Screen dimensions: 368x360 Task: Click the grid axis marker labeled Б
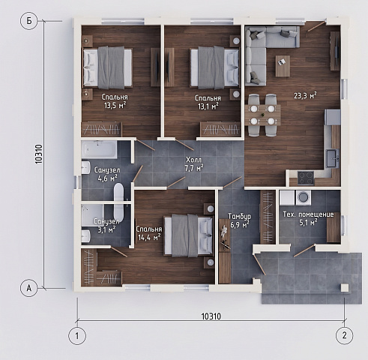tap(29, 21)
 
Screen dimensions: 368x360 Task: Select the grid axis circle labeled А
tap(29, 288)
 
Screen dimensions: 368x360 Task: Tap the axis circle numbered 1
tap(77, 335)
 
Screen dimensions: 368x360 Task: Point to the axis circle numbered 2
tap(345, 335)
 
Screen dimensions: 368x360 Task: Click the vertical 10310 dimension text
tap(39, 154)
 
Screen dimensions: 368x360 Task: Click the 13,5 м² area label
tap(115, 105)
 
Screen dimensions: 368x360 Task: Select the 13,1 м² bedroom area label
tap(208, 106)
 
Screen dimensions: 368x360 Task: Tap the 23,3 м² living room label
tap(305, 95)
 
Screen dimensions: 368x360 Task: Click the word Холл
tap(193, 160)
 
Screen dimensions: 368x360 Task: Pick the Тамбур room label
tap(240, 217)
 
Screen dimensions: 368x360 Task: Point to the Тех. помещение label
tap(308, 214)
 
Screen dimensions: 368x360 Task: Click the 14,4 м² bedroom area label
tap(149, 237)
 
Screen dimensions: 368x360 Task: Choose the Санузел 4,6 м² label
tap(107, 174)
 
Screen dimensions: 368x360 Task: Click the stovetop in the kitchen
tap(306, 178)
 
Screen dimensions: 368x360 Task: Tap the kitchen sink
tap(332, 158)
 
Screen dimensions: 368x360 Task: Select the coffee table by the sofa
tap(283, 66)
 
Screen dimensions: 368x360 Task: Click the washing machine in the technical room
tap(304, 197)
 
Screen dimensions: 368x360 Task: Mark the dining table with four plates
tap(263, 115)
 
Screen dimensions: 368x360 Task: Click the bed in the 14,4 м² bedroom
tap(188, 235)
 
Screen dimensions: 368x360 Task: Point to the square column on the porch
tap(345, 288)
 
